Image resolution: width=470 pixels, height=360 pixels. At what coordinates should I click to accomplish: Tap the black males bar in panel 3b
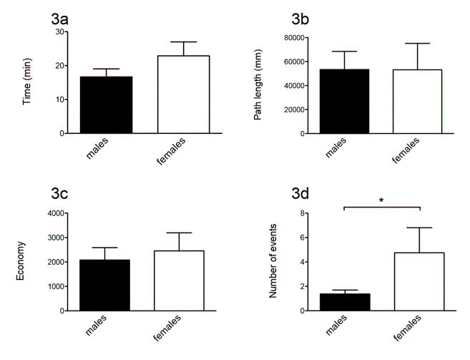345,101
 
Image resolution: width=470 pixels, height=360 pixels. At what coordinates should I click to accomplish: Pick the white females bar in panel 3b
417,101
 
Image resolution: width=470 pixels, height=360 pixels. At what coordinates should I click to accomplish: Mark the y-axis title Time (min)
28,82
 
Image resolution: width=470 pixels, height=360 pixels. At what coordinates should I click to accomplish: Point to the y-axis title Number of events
273,262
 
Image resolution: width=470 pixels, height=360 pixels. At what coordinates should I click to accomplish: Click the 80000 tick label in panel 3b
293,37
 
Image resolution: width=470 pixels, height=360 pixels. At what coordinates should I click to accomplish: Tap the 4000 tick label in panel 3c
54,213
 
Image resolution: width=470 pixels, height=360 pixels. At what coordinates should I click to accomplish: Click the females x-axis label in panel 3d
408,329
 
